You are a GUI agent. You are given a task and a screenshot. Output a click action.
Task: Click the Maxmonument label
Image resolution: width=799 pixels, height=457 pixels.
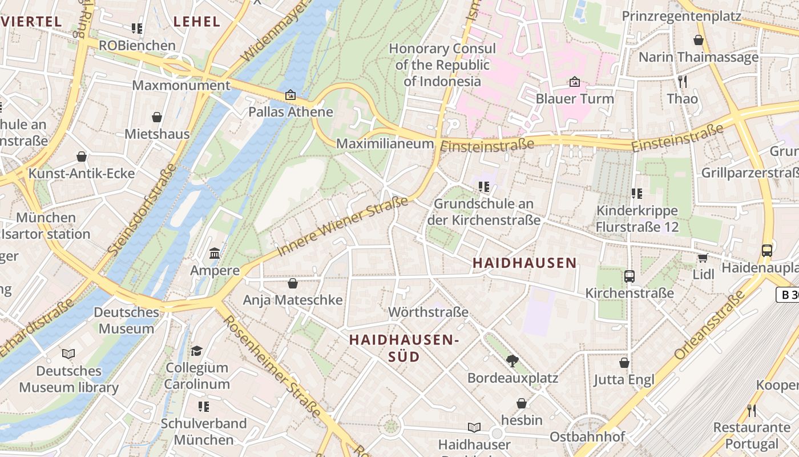tap(181, 86)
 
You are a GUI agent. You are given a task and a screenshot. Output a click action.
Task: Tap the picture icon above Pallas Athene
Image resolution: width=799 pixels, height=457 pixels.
tap(290, 95)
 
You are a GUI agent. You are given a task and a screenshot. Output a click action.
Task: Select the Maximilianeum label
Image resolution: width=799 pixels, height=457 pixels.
tap(385, 143)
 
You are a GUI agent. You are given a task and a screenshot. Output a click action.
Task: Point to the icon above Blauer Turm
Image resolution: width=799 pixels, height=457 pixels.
tap(574, 82)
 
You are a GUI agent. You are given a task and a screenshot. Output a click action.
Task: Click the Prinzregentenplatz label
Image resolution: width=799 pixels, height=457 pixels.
tap(681, 16)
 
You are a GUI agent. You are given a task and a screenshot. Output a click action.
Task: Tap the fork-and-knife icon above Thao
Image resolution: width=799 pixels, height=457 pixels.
tap(682, 82)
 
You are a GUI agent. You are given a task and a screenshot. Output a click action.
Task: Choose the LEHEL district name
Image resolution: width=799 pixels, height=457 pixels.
tap(196, 22)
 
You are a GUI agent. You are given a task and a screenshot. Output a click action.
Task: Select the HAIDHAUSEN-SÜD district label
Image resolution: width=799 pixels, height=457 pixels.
tap(404, 348)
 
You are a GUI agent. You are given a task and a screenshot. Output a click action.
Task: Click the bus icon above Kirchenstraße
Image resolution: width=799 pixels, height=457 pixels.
tap(629, 276)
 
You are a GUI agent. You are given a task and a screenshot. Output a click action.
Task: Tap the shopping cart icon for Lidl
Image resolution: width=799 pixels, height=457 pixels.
tap(703, 258)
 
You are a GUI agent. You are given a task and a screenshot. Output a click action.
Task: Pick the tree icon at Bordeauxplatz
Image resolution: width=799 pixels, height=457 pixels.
tap(512, 360)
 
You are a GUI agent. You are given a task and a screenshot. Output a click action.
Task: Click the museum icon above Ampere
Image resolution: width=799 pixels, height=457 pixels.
tap(215, 253)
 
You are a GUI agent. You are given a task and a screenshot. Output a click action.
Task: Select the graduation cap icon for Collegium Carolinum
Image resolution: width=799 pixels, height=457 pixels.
tap(196, 351)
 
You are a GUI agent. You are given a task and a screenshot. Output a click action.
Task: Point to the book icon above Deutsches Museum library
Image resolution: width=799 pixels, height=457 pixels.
tap(68, 354)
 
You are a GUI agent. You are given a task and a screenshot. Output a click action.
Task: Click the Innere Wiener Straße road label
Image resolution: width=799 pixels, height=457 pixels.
tap(342, 226)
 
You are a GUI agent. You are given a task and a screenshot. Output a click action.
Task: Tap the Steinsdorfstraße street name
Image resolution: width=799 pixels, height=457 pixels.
tap(142, 210)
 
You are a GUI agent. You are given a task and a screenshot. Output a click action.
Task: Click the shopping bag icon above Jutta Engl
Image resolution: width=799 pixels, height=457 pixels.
tap(624, 363)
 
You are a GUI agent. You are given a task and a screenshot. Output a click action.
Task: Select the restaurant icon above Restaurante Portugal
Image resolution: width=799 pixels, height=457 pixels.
tap(752, 410)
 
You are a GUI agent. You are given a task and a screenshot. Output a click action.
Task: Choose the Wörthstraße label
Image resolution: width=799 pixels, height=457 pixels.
tap(428, 312)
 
